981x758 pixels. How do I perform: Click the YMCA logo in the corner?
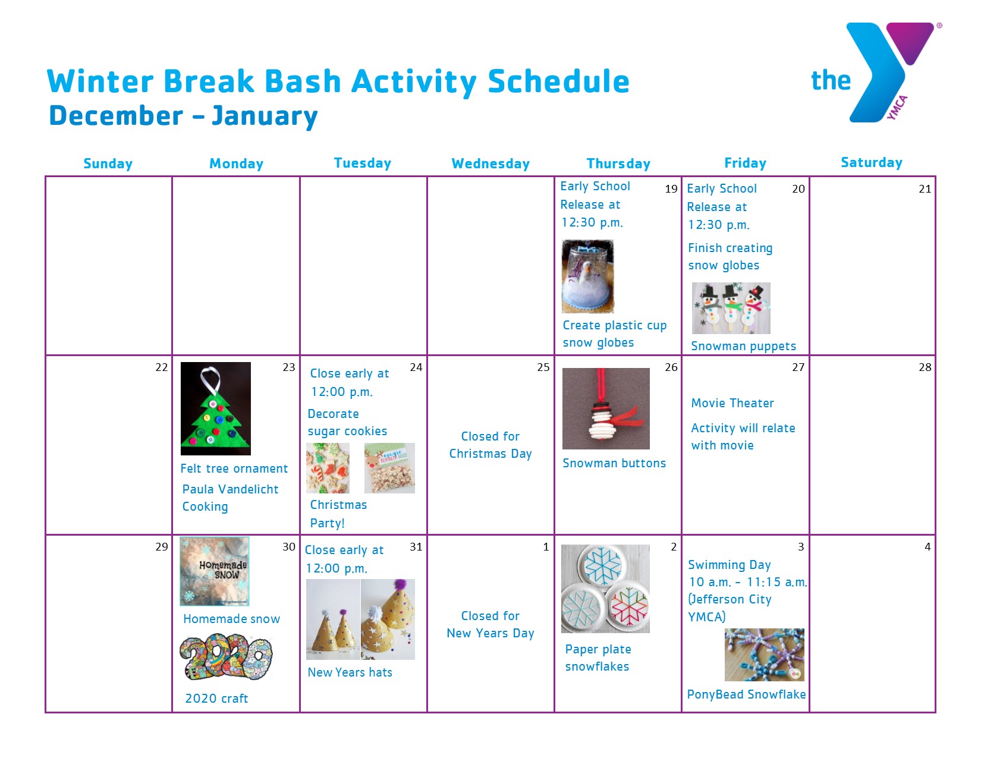pyautogui.click(x=876, y=73)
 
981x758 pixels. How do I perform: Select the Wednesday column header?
pyautogui.click(x=491, y=163)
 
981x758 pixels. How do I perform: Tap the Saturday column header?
pyautogui.click(x=872, y=162)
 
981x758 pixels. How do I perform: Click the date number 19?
pyautogui.click(x=671, y=188)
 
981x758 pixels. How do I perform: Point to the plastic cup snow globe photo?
pyautogui.click(x=588, y=276)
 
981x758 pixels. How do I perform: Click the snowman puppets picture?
pyautogui.click(x=731, y=309)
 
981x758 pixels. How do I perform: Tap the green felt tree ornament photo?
pyautogui.click(x=215, y=408)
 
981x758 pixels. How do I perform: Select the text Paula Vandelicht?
pyautogui.click(x=230, y=489)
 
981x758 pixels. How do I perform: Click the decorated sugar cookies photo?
pyautogui.click(x=328, y=468)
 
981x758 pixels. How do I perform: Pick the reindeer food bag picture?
pyautogui.click(x=389, y=468)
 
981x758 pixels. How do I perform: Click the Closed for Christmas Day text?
pyautogui.click(x=491, y=445)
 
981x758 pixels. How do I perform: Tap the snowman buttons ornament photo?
pyautogui.click(x=606, y=408)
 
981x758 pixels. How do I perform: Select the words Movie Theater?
pyautogui.click(x=732, y=403)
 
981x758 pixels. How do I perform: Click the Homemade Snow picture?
pyautogui.click(x=215, y=571)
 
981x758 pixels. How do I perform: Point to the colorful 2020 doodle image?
pyautogui.click(x=226, y=657)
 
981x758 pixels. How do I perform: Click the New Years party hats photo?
pyautogui.click(x=360, y=619)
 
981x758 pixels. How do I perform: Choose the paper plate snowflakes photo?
pyautogui.click(x=605, y=589)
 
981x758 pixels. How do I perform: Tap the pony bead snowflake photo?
pyautogui.click(x=765, y=655)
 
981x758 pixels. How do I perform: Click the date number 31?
pyautogui.click(x=416, y=547)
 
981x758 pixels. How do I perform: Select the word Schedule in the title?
pyautogui.click(x=558, y=81)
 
